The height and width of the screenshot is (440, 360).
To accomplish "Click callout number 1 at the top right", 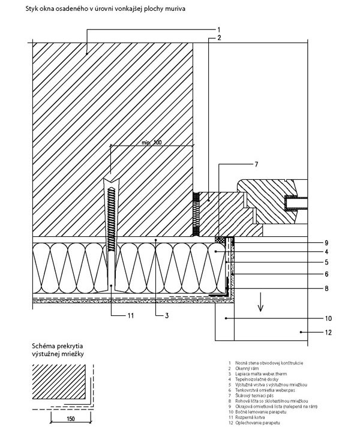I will click(x=219, y=29).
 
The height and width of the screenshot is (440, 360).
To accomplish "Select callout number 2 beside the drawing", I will click(x=219, y=38).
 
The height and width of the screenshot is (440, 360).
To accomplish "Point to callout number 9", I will click(x=327, y=243).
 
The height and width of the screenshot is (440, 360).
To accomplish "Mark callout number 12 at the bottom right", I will click(x=328, y=331).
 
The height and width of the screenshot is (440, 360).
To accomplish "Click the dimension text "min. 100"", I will click(x=153, y=142).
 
